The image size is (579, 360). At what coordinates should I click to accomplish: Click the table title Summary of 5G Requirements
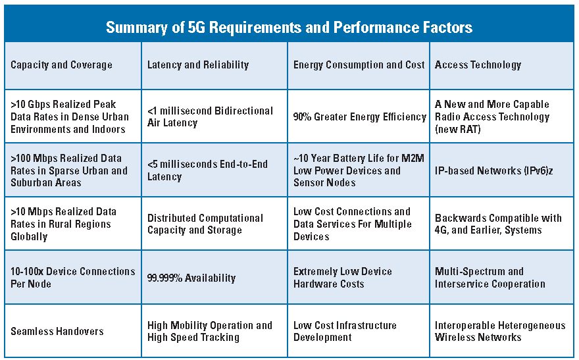(x=289, y=28)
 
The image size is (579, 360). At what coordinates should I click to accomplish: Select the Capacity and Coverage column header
(x=61, y=64)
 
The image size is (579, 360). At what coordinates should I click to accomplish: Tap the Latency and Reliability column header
(x=198, y=64)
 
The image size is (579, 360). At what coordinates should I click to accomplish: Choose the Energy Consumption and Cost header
(x=359, y=64)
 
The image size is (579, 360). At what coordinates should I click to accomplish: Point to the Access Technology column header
(x=478, y=64)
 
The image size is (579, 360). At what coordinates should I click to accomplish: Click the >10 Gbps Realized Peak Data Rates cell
(x=70, y=116)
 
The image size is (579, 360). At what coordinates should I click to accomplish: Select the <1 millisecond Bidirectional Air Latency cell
(x=210, y=116)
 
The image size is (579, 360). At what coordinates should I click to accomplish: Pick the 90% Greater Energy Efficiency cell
(x=359, y=116)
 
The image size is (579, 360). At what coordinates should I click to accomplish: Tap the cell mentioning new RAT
(x=491, y=116)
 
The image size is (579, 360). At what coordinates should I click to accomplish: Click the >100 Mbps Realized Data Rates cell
(x=69, y=170)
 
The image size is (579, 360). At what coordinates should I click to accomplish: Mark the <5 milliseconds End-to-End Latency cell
(x=207, y=170)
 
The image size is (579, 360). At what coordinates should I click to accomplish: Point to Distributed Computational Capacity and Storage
(x=205, y=224)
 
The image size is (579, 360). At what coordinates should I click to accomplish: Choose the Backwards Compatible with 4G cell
(x=498, y=224)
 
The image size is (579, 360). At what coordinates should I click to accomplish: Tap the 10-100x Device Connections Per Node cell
(x=72, y=277)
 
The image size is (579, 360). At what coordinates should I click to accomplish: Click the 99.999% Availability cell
(x=191, y=278)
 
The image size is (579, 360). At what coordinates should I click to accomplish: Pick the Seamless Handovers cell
(x=57, y=331)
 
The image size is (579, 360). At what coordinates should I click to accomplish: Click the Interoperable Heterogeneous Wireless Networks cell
(x=499, y=331)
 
